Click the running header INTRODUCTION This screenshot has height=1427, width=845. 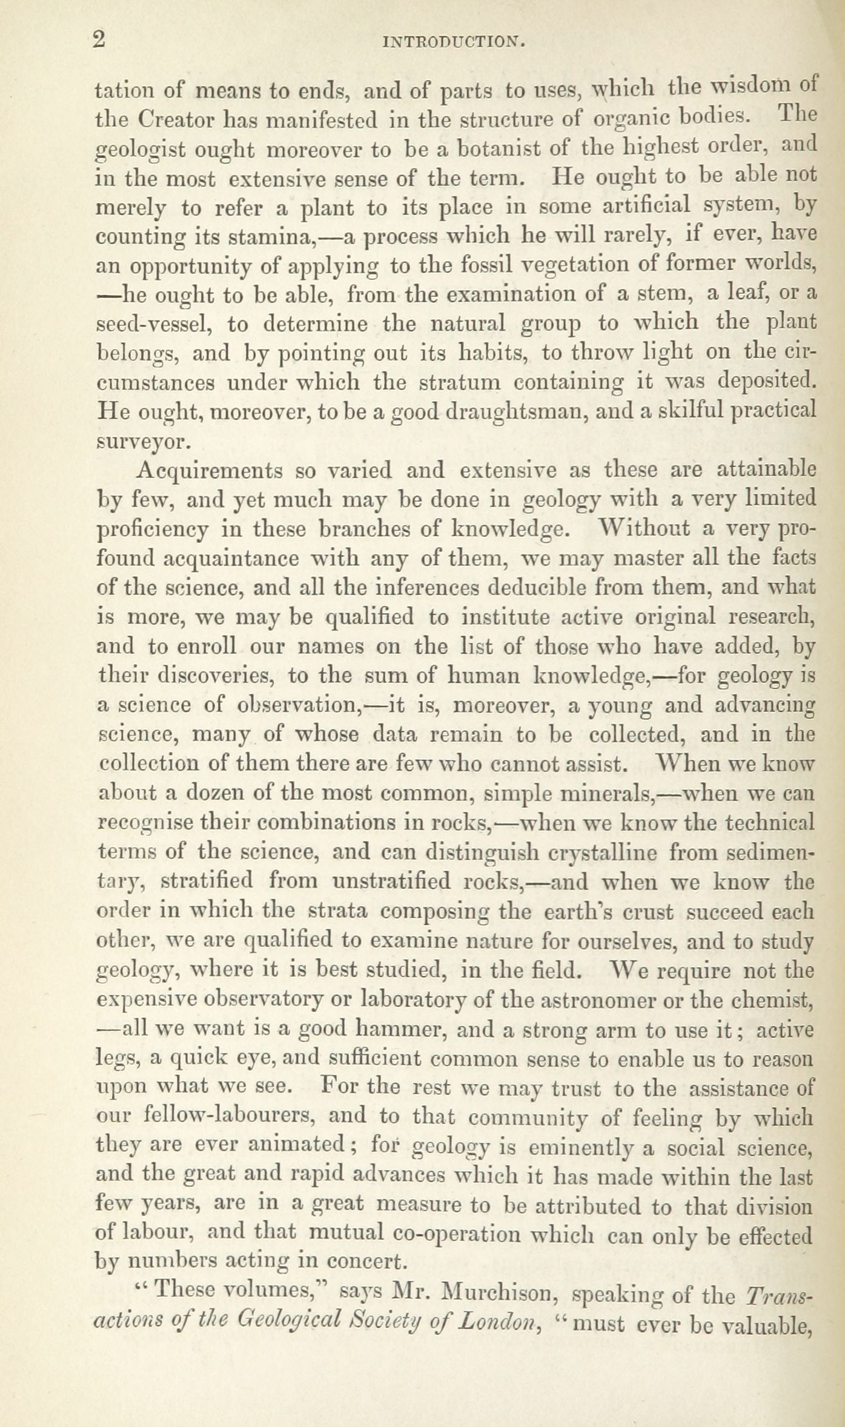(x=454, y=42)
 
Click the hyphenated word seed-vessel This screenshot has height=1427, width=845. (x=154, y=324)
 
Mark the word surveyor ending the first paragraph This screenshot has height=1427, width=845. (x=143, y=442)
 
